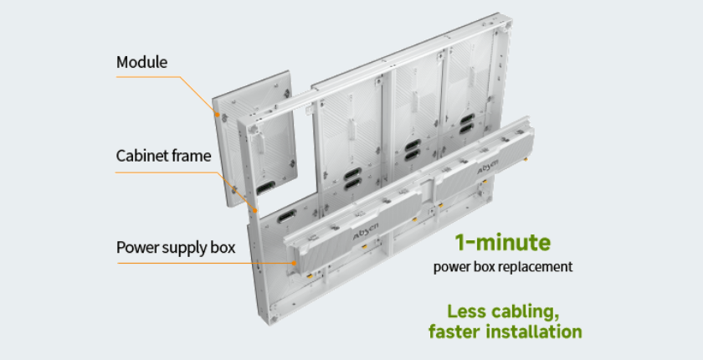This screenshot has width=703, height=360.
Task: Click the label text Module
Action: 142,62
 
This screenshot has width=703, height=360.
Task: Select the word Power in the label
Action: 136,248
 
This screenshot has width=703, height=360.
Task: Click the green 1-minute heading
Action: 503,243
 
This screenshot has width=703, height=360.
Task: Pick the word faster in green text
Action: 454,332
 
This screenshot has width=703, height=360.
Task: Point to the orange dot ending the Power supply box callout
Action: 294,262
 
